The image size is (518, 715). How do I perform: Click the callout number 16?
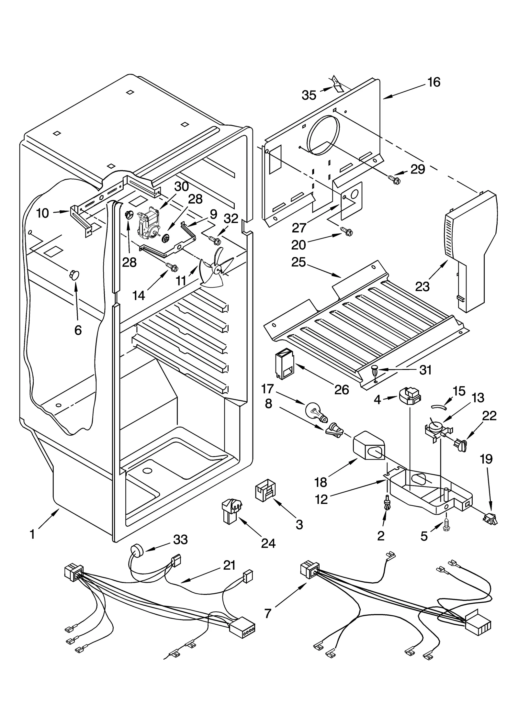(x=434, y=82)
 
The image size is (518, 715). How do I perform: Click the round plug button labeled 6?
(x=74, y=275)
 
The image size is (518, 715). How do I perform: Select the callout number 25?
(x=298, y=262)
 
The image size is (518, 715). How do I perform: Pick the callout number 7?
(x=267, y=613)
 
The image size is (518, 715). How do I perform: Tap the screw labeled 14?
(x=172, y=267)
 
